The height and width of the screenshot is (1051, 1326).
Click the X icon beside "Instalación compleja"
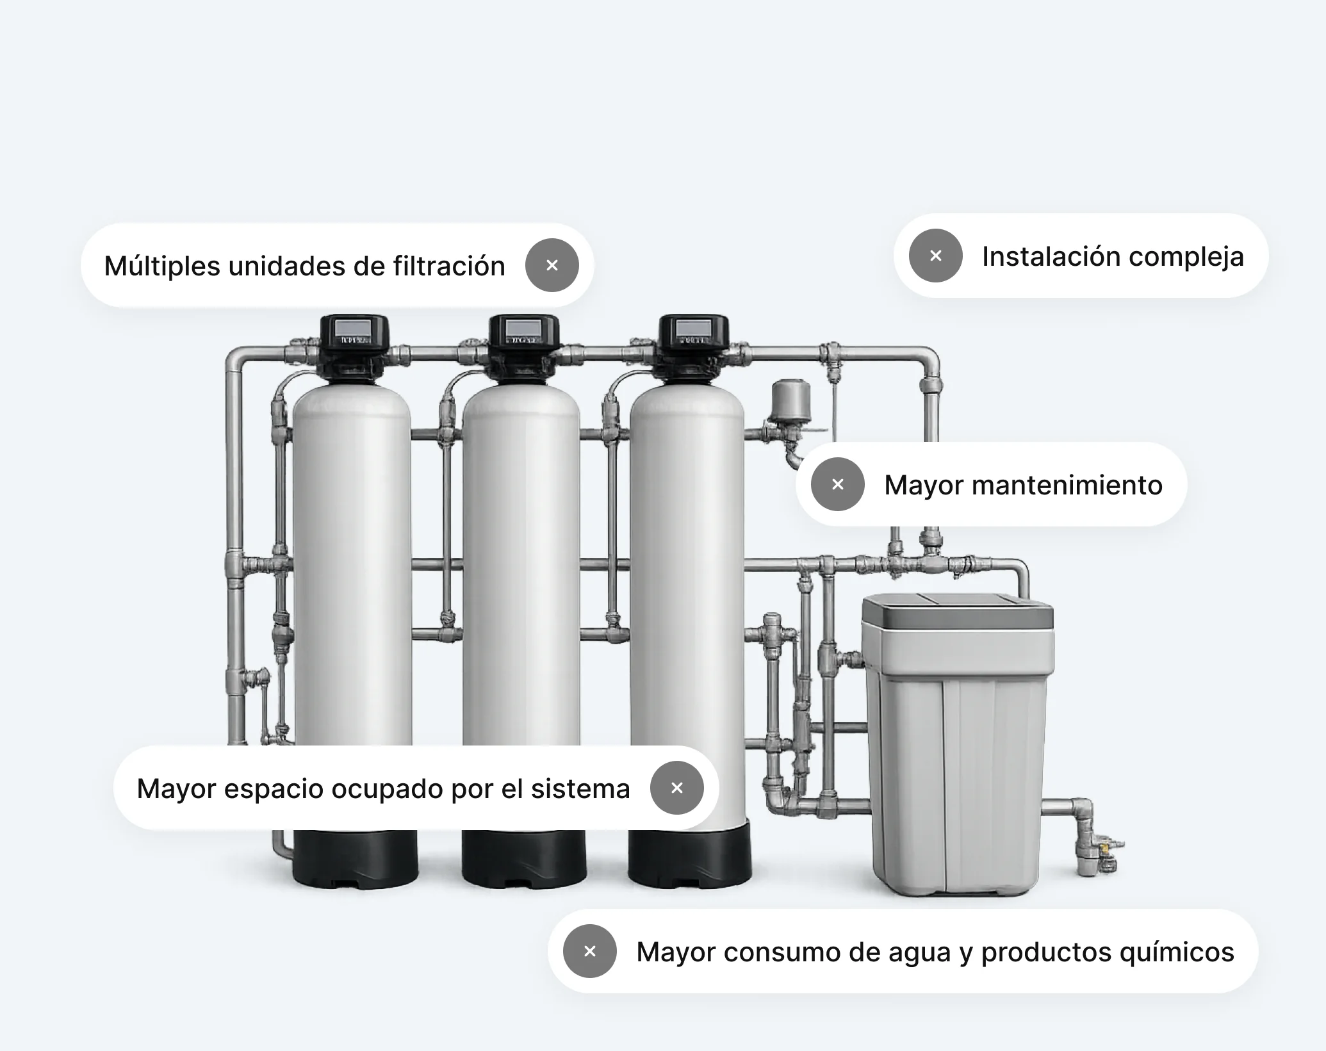click(x=935, y=256)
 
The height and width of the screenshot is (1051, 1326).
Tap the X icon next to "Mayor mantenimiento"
click(x=837, y=484)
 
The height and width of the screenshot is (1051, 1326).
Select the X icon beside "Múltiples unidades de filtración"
click(x=552, y=265)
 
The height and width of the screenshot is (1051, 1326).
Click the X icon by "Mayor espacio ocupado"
click(x=676, y=788)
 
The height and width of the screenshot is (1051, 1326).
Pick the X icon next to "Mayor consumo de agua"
click(x=589, y=951)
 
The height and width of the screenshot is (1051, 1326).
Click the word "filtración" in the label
click(x=449, y=266)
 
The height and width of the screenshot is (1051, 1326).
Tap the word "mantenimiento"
click(x=1067, y=485)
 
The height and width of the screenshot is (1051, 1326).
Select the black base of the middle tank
click(x=523, y=859)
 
